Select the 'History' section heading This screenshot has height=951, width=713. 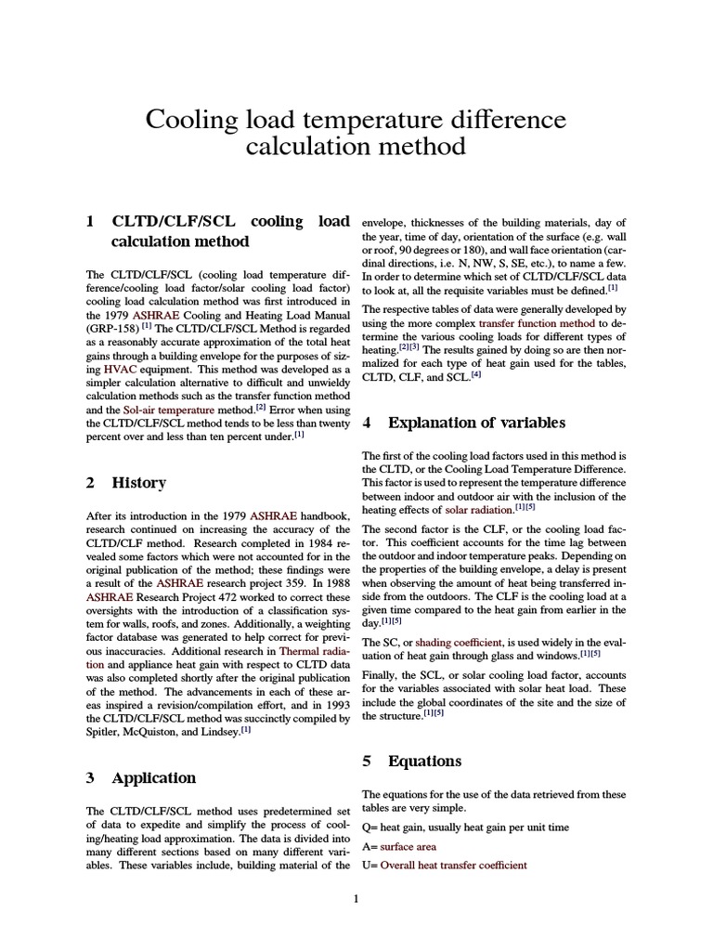pos(139,483)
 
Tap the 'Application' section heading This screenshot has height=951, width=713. pos(154,777)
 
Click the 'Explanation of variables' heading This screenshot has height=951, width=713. pos(476,423)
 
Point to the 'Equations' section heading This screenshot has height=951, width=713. pos(425,761)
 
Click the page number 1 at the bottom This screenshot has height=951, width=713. pos(356,897)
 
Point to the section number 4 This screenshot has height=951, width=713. pos(367,423)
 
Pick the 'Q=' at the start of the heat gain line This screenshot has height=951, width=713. pos(368,828)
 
